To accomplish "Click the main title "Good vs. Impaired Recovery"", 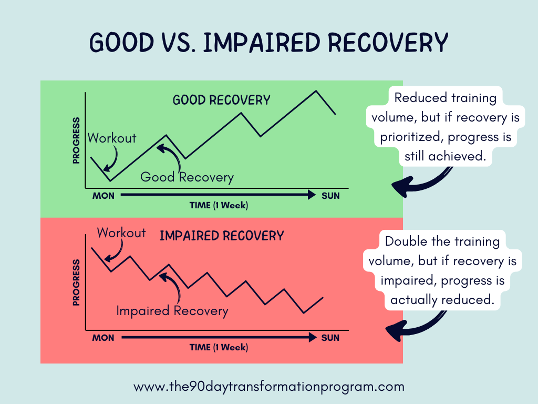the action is pos(269,43).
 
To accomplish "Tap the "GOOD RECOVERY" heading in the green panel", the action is pos(221,100).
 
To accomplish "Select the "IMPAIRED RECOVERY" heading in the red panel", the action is pos(221,236).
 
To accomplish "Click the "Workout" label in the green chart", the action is pos(112,138).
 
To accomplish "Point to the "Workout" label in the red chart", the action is pos(121,233).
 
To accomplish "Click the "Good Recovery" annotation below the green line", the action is pos(187,177).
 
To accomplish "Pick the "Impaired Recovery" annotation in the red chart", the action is pos(172,311).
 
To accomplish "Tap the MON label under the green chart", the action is pos(103,196).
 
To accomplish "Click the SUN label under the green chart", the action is pos(330,196).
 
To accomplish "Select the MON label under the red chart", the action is pos(103,338).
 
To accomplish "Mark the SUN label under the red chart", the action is pos(330,338).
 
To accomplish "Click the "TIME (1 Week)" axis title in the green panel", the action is pos(219,206).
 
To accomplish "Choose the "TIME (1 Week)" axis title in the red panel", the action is pos(219,348).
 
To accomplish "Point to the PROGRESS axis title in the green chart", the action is pos(76,140).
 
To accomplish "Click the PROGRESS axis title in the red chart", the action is pos(76,282).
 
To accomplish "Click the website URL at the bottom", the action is pos(269,387).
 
